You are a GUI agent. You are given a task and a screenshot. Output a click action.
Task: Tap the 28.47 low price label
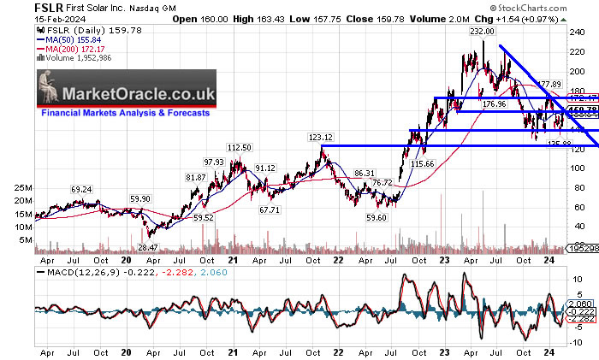[x=148, y=246]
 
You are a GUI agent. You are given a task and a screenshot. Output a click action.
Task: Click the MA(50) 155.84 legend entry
[x=73, y=39]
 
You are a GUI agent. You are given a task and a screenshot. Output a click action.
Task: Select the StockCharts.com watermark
[x=553, y=17]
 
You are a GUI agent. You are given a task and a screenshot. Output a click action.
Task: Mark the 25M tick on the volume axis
[x=22, y=186]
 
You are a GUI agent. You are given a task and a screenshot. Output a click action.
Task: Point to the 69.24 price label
[x=81, y=189]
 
